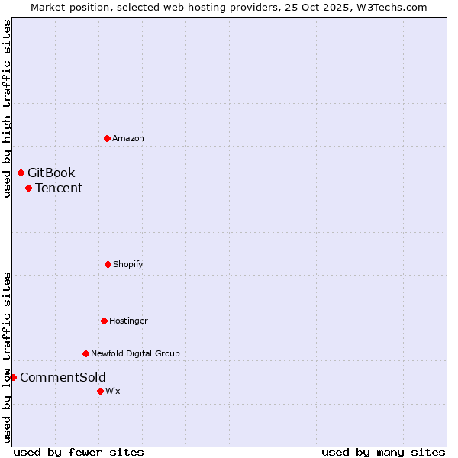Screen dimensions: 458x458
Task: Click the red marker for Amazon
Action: click(x=107, y=138)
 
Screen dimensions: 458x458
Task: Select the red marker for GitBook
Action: click(x=21, y=173)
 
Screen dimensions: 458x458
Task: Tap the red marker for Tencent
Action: click(x=28, y=188)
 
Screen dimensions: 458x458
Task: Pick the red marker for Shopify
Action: click(x=108, y=264)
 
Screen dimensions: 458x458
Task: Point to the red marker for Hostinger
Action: click(x=104, y=321)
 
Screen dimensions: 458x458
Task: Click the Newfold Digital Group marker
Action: click(x=85, y=353)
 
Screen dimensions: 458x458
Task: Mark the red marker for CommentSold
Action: click(x=13, y=377)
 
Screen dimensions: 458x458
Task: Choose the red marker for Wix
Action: click(x=100, y=391)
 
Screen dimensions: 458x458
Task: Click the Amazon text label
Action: click(x=128, y=138)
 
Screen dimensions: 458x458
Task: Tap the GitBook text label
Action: click(x=51, y=173)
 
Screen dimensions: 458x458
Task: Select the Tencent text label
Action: click(x=59, y=188)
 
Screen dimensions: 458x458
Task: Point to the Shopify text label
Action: click(x=128, y=264)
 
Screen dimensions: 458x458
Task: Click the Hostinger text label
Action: click(x=128, y=321)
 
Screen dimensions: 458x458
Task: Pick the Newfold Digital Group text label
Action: click(x=135, y=353)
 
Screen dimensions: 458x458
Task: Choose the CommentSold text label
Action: click(x=63, y=377)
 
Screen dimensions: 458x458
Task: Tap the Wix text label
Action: click(x=113, y=391)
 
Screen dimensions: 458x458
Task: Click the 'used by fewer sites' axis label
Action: click(x=79, y=452)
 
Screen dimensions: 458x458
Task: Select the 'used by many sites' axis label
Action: click(x=383, y=452)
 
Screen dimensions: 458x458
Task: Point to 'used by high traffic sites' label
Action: click(x=7, y=108)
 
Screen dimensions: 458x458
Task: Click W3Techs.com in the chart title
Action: click(x=389, y=7)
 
